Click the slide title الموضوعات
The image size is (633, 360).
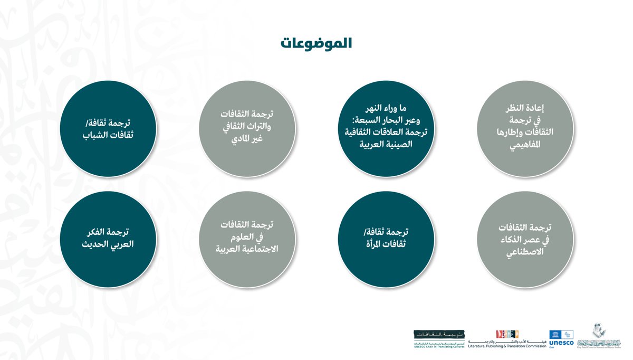click(316, 43)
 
